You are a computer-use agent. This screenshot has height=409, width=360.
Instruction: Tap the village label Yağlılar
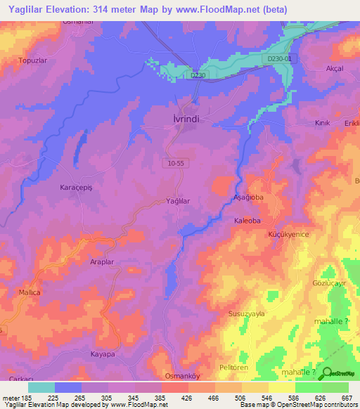pyautogui.click(x=178, y=201)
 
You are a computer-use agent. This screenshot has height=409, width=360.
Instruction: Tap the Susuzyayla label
pyautogui.click(x=245, y=314)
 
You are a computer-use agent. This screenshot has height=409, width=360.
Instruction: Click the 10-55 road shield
pyautogui.click(x=178, y=162)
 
